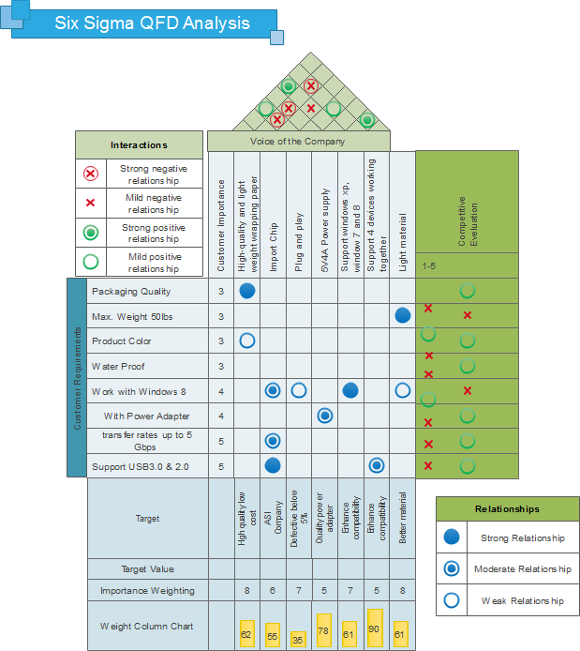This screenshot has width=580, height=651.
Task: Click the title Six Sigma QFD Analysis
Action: click(x=152, y=23)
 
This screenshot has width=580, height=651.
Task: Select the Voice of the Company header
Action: click(x=297, y=142)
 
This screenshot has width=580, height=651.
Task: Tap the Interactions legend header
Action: click(x=139, y=145)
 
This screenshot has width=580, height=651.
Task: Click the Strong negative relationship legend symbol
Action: click(x=91, y=174)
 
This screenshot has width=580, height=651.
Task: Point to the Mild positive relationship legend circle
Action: click(x=91, y=261)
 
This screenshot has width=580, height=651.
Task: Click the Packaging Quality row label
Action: click(x=131, y=291)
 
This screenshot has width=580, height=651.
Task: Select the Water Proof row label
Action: click(x=118, y=366)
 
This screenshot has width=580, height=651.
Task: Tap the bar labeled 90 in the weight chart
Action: click(x=375, y=628)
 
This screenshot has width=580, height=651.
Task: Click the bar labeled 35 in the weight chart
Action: click(x=298, y=639)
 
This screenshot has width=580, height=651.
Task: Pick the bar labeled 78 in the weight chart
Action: click(x=323, y=629)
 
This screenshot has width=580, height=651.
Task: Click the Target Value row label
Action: click(x=147, y=568)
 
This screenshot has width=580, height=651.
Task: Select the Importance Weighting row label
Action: click(x=147, y=590)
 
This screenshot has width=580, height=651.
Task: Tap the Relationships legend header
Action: click(x=507, y=509)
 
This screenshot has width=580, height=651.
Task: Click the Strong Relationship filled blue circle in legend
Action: click(x=452, y=537)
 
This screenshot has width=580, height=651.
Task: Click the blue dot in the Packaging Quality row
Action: click(x=247, y=291)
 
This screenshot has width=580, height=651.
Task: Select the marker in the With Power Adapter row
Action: click(x=325, y=416)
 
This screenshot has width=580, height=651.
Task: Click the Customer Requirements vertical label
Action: click(x=77, y=377)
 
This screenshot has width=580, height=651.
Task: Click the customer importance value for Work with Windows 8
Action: click(x=220, y=391)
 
